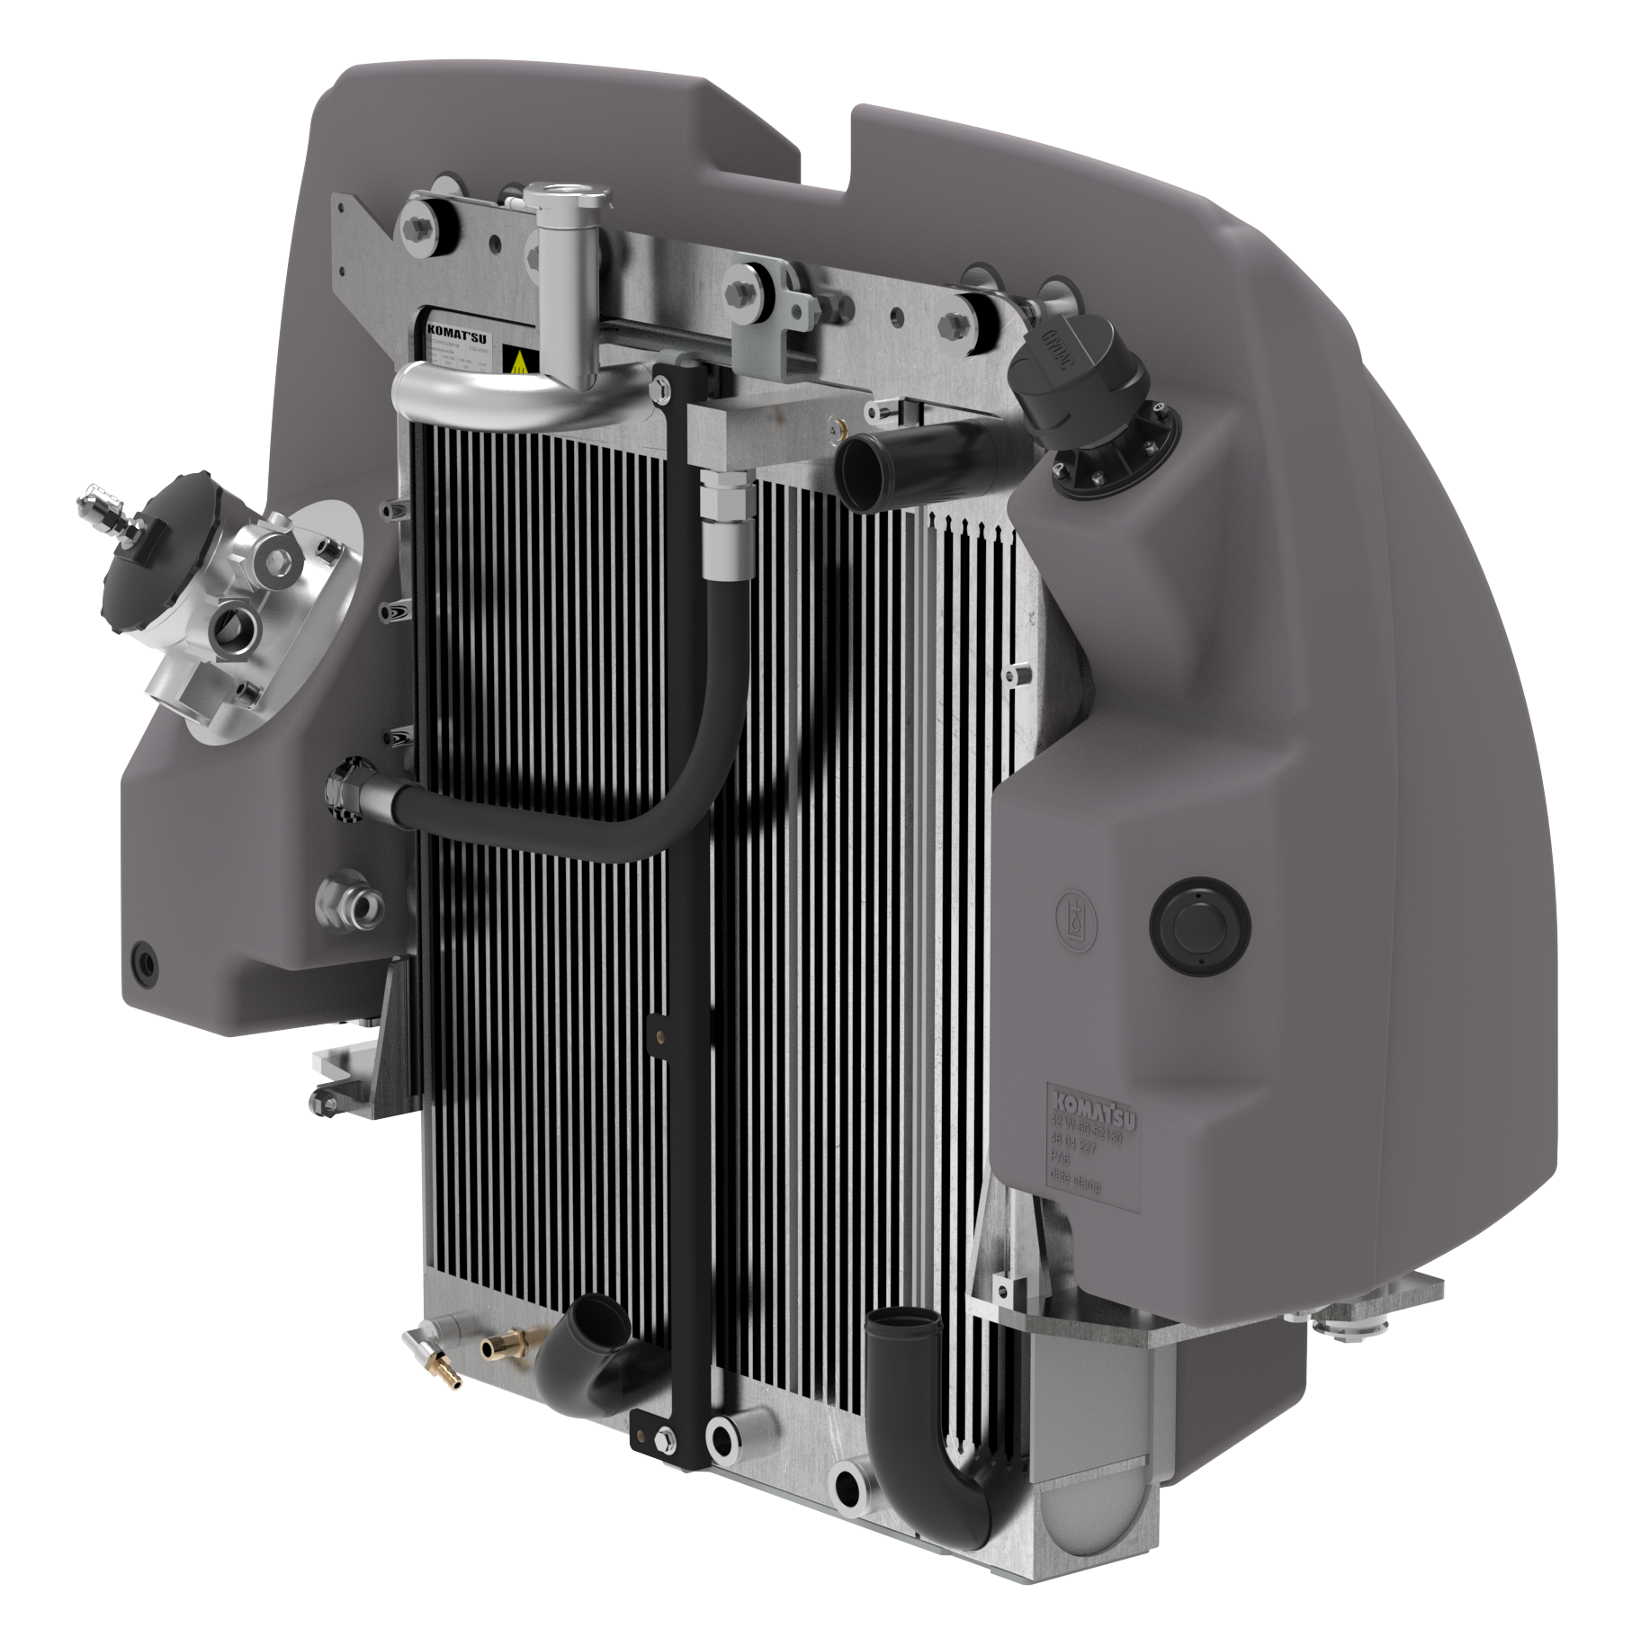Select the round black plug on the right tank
[1199, 924]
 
